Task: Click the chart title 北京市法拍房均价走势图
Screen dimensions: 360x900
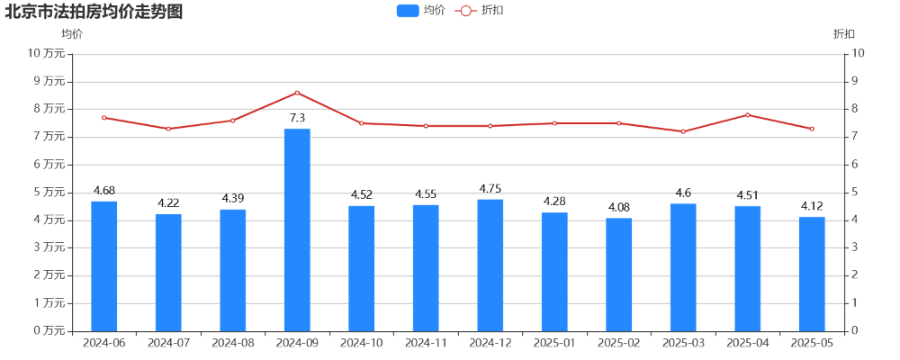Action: tap(94, 12)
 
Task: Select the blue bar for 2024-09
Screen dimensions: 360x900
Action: tap(297, 229)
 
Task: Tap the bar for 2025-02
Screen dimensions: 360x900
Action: tap(619, 274)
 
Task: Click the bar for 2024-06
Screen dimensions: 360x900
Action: tap(104, 265)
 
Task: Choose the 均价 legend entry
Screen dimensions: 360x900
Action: tap(421, 11)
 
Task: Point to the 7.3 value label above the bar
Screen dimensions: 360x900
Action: tap(297, 118)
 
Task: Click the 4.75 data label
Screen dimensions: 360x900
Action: tap(490, 189)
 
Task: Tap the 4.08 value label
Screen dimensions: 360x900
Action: tap(619, 208)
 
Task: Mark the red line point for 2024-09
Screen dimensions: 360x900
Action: tap(297, 93)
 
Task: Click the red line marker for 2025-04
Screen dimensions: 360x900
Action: tap(747, 115)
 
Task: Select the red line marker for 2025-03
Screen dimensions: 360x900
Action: tap(683, 131)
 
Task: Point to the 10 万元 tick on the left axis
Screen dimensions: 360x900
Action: tap(48, 53)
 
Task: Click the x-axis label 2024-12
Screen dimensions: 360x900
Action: tap(490, 343)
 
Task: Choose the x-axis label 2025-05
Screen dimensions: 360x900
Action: tap(812, 343)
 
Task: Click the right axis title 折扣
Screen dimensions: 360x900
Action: tap(844, 34)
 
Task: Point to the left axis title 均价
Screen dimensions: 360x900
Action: tap(72, 34)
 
